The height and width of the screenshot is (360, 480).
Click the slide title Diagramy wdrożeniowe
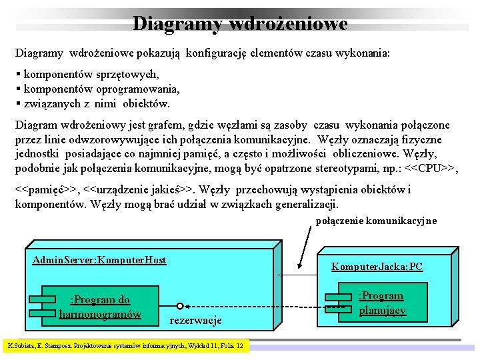point(240,23)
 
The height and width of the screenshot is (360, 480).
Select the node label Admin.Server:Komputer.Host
point(99,260)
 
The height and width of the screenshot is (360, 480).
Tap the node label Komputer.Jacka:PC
point(377,267)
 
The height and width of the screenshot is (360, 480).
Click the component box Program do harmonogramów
point(100,307)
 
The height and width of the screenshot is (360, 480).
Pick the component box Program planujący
point(381,302)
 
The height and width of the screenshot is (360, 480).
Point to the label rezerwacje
point(196,321)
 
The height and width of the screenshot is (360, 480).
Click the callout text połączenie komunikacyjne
point(376,221)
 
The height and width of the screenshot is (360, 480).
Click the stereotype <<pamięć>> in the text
point(45,190)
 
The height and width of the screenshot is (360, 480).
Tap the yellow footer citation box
point(125,346)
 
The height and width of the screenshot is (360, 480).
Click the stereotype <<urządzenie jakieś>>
point(135,190)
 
